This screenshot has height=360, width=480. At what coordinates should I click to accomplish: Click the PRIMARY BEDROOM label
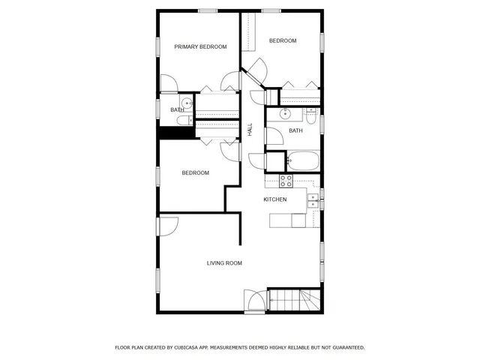[x=200, y=47]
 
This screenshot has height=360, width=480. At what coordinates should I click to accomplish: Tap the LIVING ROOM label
[x=224, y=263]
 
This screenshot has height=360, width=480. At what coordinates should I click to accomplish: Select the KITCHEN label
[x=275, y=199]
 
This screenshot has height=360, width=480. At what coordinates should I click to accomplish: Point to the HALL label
[x=250, y=129]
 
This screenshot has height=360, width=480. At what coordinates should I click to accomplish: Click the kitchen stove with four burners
[x=286, y=180]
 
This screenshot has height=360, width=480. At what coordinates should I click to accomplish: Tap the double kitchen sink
[x=313, y=199]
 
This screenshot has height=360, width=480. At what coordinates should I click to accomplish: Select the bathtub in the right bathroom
[x=303, y=160]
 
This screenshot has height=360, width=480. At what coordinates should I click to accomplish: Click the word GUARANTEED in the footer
[x=346, y=347]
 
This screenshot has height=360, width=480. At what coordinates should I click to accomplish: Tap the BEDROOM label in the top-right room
[x=283, y=40]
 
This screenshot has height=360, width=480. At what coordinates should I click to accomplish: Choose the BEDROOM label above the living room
[x=195, y=173]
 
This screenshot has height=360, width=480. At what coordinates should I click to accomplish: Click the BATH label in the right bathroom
[x=295, y=130]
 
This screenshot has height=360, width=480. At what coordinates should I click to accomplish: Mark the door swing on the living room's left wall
[x=168, y=226]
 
